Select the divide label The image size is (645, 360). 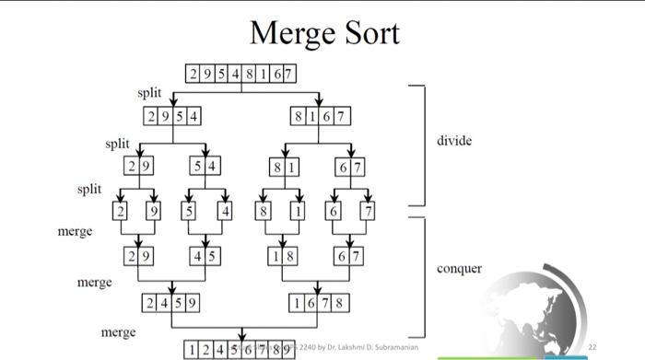[x=454, y=141]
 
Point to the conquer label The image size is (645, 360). [x=459, y=269]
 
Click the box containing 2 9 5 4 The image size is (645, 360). [x=173, y=117]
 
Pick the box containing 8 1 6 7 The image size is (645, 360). [x=319, y=117]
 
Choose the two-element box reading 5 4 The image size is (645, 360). [x=205, y=167]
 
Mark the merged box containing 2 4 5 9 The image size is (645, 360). [x=172, y=302]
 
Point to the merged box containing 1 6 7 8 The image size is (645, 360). [x=319, y=302]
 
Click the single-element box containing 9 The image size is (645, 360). [x=154, y=211]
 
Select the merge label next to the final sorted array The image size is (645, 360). [x=119, y=331]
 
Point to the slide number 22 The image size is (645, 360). [x=592, y=347]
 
